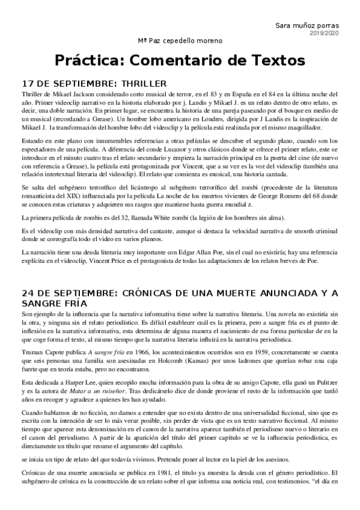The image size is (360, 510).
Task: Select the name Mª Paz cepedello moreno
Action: coord(180,41)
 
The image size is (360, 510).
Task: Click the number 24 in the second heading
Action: coord(28,293)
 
